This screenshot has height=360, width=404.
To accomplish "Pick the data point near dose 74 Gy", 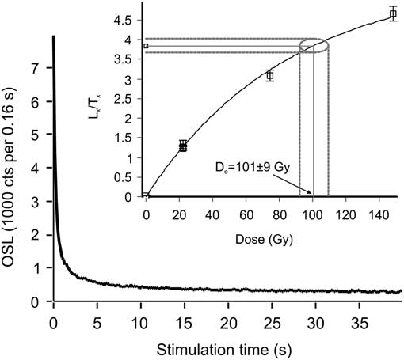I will pos(270,75).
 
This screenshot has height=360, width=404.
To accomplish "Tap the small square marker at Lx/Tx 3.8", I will pos(146,46).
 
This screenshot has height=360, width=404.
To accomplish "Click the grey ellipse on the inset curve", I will pos(314,46).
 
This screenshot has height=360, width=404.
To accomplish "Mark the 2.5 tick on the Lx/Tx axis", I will pos(129,98).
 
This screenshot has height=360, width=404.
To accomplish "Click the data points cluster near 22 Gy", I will pos(183,146).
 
